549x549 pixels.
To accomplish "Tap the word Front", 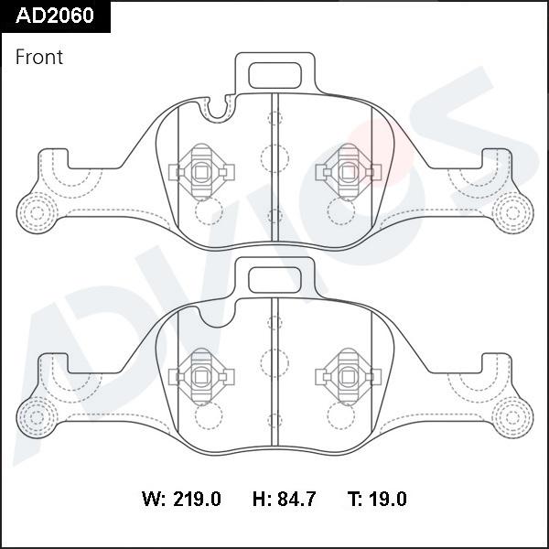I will tap(39, 57).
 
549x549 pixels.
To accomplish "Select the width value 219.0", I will tap(196, 500).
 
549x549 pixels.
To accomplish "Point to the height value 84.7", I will tap(296, 500).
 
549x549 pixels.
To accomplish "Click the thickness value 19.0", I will tap(388, 500).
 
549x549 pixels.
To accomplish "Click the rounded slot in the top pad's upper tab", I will tap(274, 73).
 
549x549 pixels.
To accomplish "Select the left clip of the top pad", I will tap(202, 171).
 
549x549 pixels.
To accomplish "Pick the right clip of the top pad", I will tap(347, 171).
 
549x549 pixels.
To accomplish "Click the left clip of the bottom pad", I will tap(202, 376).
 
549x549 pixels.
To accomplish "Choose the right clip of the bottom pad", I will tap(347, 376).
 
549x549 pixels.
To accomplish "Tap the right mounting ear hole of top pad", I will tap(512, 212).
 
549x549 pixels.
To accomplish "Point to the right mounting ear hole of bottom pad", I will tap(512, 416).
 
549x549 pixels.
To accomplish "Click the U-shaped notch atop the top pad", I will tap(217, 109).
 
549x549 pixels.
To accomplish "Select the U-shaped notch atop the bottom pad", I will tap(217, 314).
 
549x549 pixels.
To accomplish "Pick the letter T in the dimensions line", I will tap(353, 500).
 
